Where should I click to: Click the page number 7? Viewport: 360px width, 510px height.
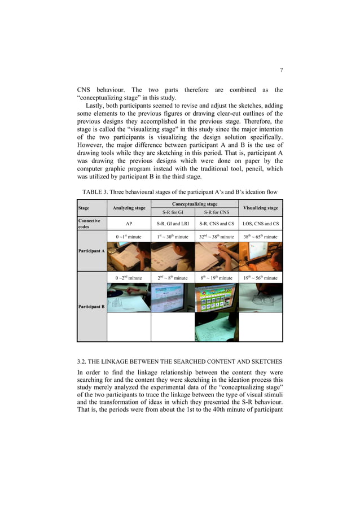tap(281, 70)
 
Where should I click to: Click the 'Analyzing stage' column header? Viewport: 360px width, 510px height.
tap(129, 208)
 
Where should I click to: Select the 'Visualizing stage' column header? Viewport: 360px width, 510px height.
tap(260, 208)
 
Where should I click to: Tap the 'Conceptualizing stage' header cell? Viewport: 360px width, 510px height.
tap(195, 204)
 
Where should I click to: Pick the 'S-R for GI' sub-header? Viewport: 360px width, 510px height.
tap(173, 212)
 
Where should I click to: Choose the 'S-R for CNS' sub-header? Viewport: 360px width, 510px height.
tap(216, 212)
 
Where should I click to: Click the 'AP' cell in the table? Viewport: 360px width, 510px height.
tap(129, 223)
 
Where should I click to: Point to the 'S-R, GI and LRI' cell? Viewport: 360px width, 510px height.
tap(173, 223)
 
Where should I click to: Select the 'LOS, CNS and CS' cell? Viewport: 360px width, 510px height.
tap(260, 223)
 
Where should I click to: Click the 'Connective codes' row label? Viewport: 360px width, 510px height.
tap(89, 223)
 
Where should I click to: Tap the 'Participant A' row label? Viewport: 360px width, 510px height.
tap(91, 250)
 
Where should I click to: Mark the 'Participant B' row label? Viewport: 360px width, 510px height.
tap(91, 306)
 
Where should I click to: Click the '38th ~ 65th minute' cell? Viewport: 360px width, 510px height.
tap(260, 237)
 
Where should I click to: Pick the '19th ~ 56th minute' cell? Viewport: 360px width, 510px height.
tap(260, 278)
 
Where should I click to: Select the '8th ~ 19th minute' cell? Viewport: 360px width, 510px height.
tap(216, 278)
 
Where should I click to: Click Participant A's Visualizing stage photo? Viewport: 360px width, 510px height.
tap(260, 256)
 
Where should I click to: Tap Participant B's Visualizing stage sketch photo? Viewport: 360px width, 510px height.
tap(260, 298)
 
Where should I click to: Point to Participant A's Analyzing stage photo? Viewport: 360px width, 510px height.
tap(129, 256)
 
